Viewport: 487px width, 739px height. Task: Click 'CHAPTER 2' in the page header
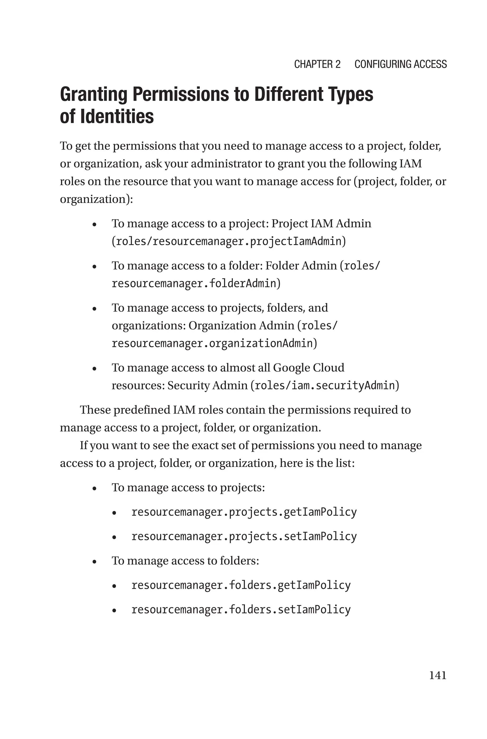[x=317, y=64]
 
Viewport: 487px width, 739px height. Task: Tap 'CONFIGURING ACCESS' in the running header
[x=400, y=64]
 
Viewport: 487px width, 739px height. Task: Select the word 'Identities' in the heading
[x=117, y=117]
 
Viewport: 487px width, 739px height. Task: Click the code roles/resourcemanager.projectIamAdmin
[x=228, y=242]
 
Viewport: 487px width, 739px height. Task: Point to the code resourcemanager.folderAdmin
[x=194, y=283]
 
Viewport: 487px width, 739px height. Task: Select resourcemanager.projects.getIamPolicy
[x=244, y=512]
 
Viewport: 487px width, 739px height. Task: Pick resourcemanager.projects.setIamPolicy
[x=244, y=536]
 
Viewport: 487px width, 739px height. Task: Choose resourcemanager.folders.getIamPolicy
[x=241, y=585]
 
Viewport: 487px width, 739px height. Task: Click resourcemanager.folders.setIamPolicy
[x=241, y=610]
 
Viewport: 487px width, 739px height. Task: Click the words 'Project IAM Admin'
[x=321, y=223]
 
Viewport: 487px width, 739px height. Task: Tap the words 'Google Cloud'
[x=308, y=368]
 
